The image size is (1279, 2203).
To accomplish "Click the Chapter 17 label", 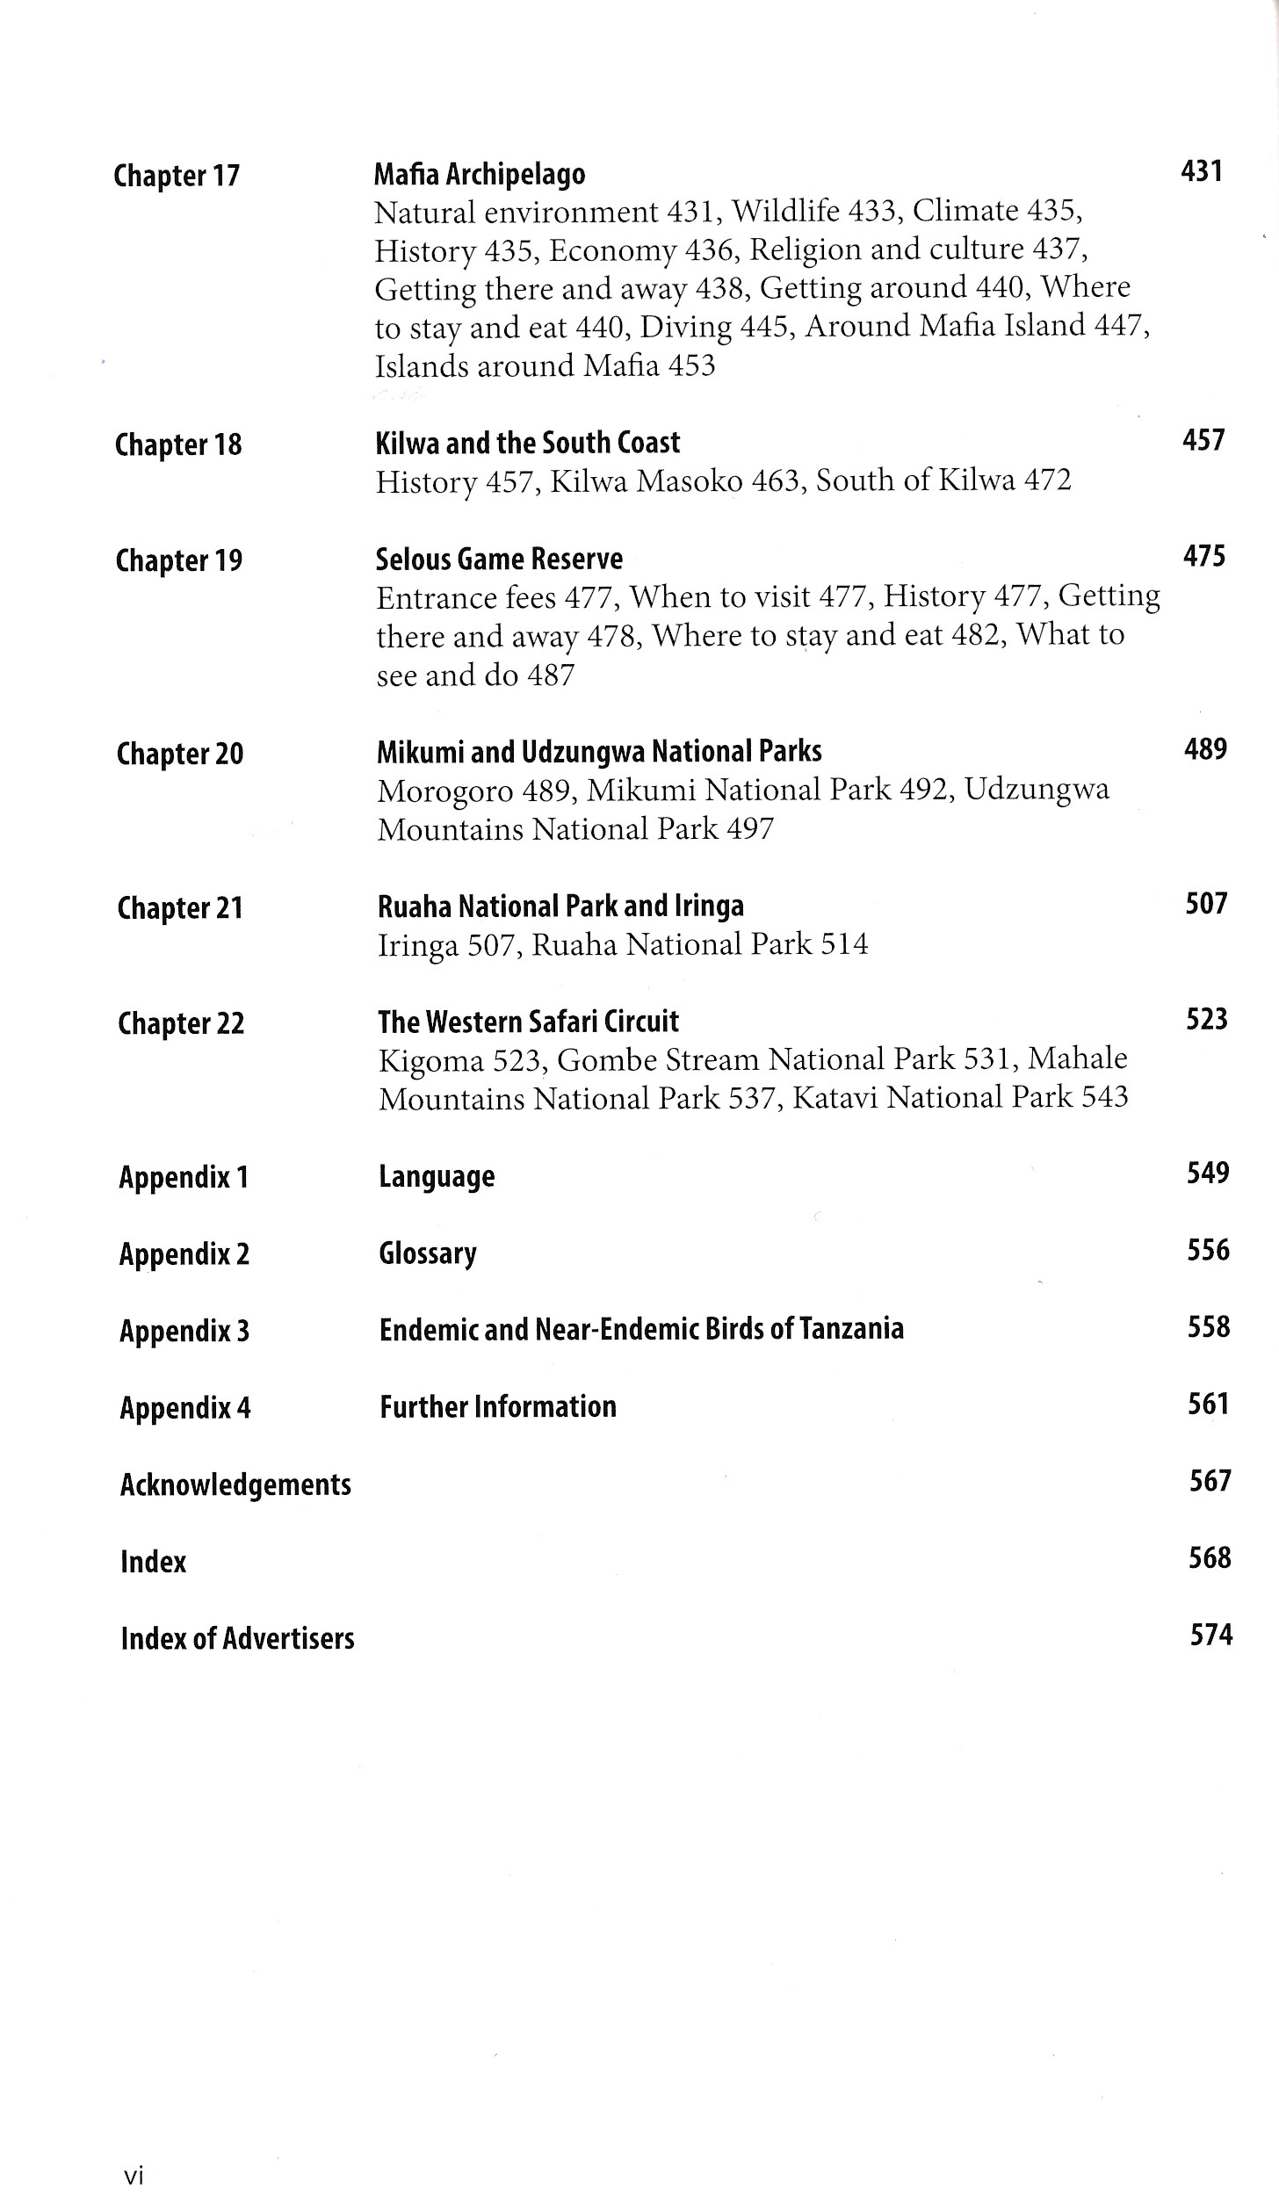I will [177, 176].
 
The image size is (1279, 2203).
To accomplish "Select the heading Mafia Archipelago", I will [480, 174].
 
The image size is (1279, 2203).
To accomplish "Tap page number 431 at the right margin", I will [1202, 170].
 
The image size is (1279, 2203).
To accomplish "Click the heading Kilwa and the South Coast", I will [528, 443].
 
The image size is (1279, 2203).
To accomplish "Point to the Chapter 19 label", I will [179, 560].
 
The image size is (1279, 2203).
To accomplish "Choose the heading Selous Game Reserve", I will [499, 559].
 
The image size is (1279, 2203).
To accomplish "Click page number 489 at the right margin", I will [1205, 748].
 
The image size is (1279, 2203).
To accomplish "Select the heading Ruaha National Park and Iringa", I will [560, 906].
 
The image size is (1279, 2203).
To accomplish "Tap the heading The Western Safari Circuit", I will [528, 1022].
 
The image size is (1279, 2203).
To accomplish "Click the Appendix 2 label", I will [184, 1253].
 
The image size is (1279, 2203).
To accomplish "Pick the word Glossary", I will [428, 1253].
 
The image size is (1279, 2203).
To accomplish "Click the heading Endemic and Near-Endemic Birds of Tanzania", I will [641, 1329].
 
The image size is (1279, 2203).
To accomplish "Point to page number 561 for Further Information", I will [1209, 1404].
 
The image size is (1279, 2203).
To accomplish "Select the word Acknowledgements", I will [235, 1484].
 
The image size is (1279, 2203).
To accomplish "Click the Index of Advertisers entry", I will [237, 1638].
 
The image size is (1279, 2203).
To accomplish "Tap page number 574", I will [1211, 1635].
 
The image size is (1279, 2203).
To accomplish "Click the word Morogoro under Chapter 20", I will [444, 791].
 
